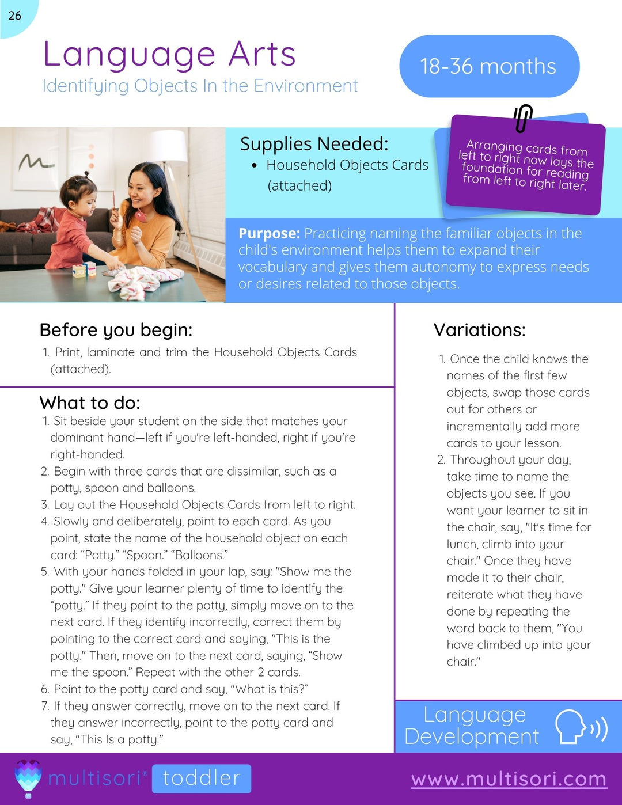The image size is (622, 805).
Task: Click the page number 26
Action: pyautogui.click(x=15, y=16)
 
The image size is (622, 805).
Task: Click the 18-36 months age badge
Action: pyautogui.click(x=488, y=66)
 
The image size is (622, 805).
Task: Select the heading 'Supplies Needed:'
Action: pyautogui.click(x=314, y=143)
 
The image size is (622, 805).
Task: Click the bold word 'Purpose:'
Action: pyautogui.click(x=269, y=233)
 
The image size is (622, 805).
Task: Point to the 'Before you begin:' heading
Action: pyautogui.click(x=116, y=330)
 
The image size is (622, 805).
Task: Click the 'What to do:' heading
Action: pyautogui.click(x=90, y=402)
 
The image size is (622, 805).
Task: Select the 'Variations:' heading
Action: pyautogui.click(x=479, y=330)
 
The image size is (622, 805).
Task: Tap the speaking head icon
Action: pyautogui.click(x=579, y=727)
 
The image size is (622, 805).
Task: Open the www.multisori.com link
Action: pyautogui.click(x=509, y=779)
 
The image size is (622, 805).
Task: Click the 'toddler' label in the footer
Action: pyautogui.click(x=202, y=778)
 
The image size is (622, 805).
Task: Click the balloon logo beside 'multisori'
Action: pyautogui.click(x=28, y=777)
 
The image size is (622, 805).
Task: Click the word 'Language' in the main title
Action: pyautogui.click(x=130, y=55)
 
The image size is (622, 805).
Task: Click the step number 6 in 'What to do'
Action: pyautogui.click(x=45, y=689)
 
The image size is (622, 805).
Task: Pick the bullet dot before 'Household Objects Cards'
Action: pyautogui.click(x=254, y=166)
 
